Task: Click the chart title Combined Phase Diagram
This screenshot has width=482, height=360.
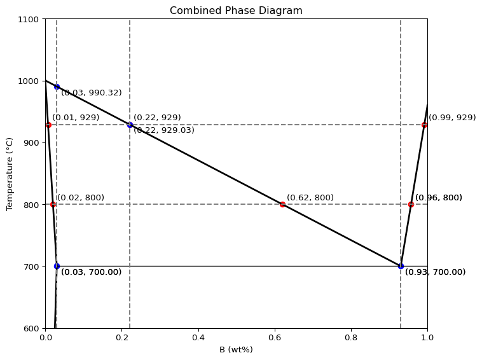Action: coord(236,11)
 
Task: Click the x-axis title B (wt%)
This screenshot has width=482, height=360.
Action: coord(236,349)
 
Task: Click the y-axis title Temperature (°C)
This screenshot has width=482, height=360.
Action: coord(10,174)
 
